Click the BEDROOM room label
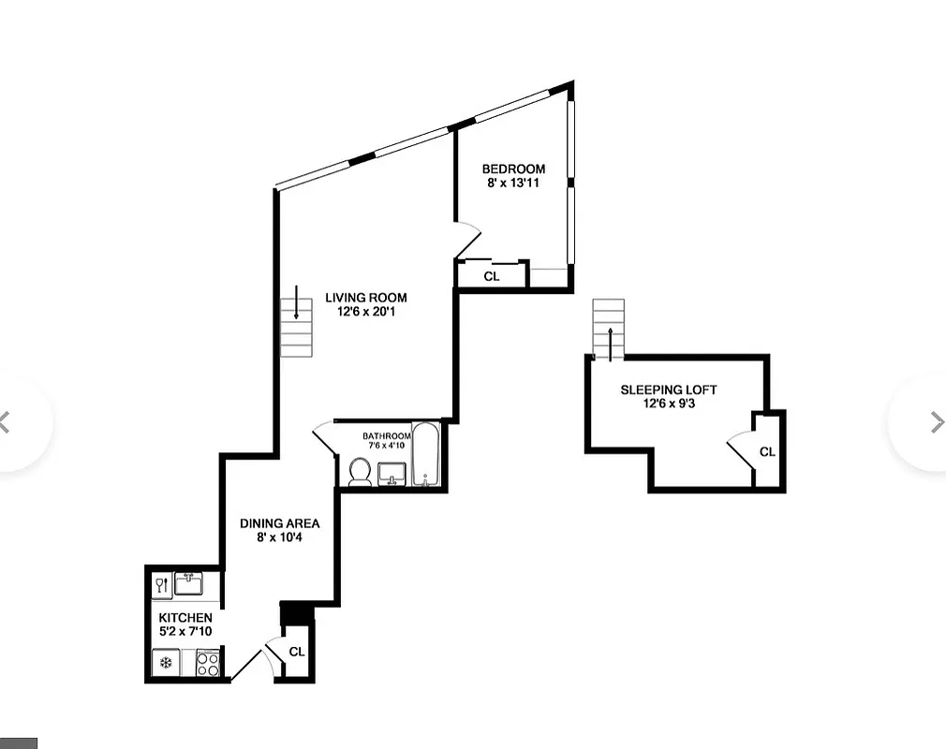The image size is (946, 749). (x=513, y=169)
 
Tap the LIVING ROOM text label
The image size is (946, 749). (x=365, y=298)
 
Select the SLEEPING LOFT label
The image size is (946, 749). (x=669, y=389)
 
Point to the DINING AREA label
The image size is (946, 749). (x=279, y=523)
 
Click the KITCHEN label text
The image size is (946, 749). (x=185, y=618)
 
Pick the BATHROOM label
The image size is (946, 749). (x=387, y=436)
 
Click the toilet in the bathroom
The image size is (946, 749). (x=359, y=471)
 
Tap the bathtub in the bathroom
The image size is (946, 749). (x=425, y=456)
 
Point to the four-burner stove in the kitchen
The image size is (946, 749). (x=208, y=664)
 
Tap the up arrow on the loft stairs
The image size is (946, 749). (x=610, y=342)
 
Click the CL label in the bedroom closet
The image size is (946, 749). (x=491, y=276)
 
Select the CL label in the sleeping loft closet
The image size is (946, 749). (x=767, y=452)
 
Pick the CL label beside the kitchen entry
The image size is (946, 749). (x=297, y=652)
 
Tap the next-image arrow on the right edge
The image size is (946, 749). (x=937, y=422)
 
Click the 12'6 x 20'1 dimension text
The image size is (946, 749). (x=365, y=312)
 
